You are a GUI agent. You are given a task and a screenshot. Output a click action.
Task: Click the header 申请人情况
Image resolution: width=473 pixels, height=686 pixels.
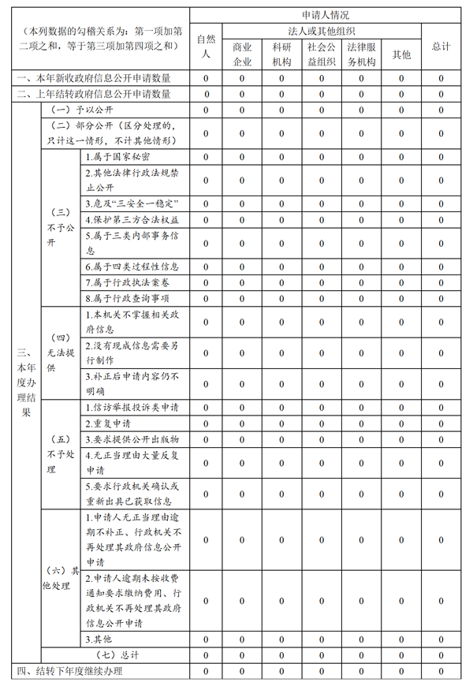click(x=325, y=14)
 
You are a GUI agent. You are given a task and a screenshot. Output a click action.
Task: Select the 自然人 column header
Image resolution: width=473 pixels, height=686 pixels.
click(x=207, y=46)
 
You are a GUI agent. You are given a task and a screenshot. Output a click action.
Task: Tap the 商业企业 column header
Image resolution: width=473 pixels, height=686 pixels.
click(x=242, y=54)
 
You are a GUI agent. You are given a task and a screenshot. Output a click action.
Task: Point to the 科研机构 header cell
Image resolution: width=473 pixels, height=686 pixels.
click(x=281, y=54)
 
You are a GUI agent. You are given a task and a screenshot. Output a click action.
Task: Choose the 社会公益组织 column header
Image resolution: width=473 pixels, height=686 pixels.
click(x=321, y=54)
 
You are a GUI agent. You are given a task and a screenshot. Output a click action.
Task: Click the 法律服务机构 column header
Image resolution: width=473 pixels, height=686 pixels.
click(x=362, y=54)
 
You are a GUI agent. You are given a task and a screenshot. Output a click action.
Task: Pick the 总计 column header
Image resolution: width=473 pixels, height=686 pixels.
click(x=441, y=46)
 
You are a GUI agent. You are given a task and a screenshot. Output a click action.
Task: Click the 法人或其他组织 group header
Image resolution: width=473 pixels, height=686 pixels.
click(x=322, y=30)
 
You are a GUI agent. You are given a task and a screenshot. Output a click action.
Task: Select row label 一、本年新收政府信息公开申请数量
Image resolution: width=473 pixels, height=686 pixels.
click(x=93, y=78)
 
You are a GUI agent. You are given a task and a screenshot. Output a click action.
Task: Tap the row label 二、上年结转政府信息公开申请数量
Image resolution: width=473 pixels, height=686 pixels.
click(x=93, y=94)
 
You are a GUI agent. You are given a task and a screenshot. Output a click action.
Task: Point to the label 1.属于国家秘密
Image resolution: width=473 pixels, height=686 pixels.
click(x=118, y=156)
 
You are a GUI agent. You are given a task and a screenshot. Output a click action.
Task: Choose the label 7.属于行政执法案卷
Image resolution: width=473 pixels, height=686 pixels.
click(x=127, y=282)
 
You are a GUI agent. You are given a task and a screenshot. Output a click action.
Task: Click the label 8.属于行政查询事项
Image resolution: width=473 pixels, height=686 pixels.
click(x=127, y=298)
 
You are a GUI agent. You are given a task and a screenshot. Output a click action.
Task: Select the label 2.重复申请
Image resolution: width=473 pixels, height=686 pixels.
click(x=108, y=423)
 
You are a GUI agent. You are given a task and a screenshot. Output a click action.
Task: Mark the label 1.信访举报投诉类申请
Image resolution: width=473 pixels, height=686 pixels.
click(x=132, y=408)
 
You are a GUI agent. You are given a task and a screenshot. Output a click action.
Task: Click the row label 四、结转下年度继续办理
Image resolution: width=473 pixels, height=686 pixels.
click(x=70, y=671)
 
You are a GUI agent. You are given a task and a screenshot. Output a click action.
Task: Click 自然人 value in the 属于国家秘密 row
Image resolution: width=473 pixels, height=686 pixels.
click(x=207, y=156)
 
